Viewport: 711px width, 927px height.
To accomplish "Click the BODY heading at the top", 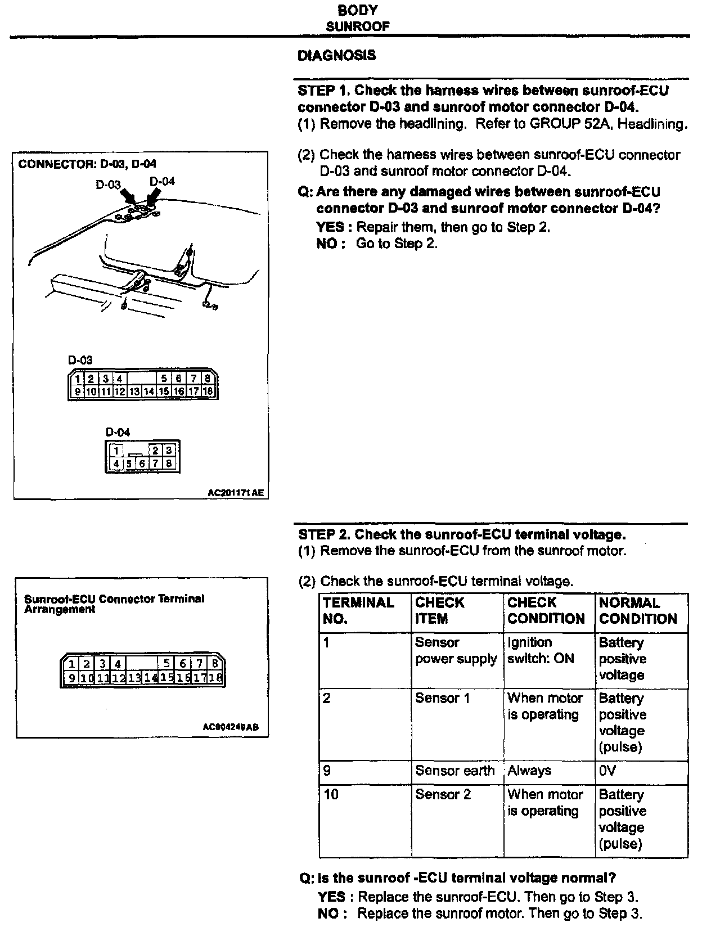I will coord(358,10).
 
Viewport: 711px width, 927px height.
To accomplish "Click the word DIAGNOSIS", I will coord(336,56).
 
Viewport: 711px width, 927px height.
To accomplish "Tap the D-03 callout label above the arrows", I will coord(108,184).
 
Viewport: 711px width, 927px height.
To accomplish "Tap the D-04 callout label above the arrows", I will coord(162,181).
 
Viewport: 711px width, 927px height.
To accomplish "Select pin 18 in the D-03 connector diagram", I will coord(208,391).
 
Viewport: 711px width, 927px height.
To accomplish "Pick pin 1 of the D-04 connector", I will coord(116,451).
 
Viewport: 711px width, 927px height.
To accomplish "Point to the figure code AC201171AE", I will coord(235,493).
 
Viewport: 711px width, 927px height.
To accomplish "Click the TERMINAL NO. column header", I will coord(358,611).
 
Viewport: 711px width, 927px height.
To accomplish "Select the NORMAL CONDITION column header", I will coord(637,611).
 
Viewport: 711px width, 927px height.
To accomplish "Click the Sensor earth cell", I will coord(454,771).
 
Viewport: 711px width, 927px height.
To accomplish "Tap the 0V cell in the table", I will coord(607,771).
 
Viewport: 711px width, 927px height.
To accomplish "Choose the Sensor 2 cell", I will coord(443,794).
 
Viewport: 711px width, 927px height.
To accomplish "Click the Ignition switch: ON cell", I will coord(541,650).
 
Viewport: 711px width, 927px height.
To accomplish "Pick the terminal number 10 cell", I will coord(331,794).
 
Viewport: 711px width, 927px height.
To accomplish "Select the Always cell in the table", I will coord(529,771).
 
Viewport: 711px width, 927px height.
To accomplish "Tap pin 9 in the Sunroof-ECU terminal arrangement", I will coord(71,678).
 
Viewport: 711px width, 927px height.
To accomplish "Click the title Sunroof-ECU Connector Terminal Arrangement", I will coord(114,604).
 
